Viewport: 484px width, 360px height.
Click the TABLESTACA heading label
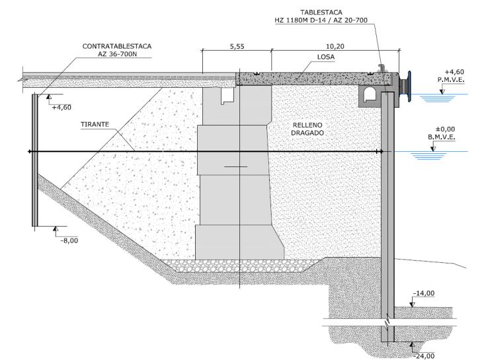tap(321, 13)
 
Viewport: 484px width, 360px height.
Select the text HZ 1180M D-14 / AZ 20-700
tap(321, 20)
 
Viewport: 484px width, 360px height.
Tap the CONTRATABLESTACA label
tap(117, 46)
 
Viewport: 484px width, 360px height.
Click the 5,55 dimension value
tap(237, 47)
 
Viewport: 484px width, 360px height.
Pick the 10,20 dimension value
tap(335, 47)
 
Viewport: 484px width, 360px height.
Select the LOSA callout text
tap(326, 57)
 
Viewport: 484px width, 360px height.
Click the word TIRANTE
tap(95, 124)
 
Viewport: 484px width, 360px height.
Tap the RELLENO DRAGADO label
tap(307, 129)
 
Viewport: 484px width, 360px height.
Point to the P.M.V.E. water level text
tap(451, 80)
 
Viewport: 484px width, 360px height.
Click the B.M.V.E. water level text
tap(442, 137)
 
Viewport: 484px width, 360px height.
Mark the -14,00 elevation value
tap(424, 293)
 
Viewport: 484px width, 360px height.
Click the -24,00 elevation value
tap(424, 356)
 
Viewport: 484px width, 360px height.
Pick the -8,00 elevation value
tap(69, 240)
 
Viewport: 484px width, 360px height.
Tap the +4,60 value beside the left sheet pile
tap(61, 108)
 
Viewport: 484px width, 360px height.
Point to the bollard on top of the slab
tap(382, 68)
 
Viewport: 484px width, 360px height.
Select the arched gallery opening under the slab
tap(369, 94)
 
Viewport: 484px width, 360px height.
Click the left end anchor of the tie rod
tap(30, 151)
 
